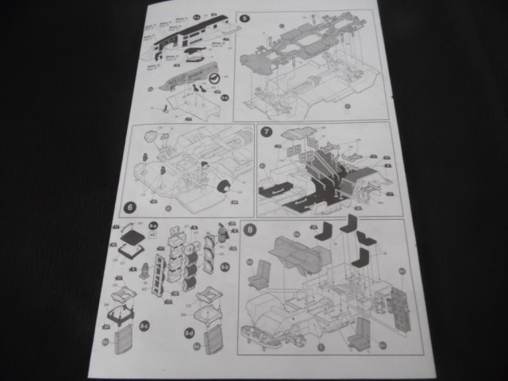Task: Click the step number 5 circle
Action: pos(244,17)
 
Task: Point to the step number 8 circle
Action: pos(250,231)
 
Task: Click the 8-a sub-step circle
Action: pos(153,226)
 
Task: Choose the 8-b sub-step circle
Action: pos(224,267)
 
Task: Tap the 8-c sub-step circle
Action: pos(144,326)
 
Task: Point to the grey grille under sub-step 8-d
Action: pos(213,344)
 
